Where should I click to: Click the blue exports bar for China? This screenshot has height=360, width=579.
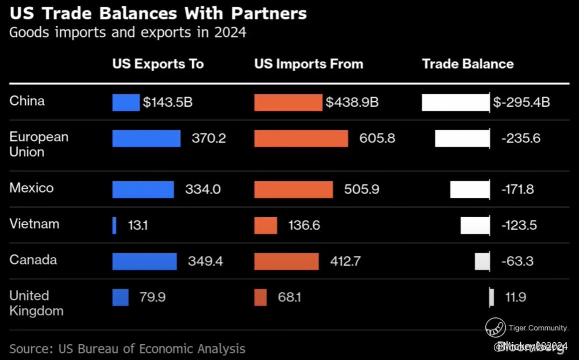pos(126,102)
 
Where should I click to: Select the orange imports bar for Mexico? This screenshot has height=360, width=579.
pos(294,190)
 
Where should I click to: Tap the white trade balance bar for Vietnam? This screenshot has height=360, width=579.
pos(475,225)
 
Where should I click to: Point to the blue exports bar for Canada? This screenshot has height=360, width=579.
pos(144,261)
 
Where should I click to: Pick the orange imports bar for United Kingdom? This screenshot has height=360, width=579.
pos(260,297)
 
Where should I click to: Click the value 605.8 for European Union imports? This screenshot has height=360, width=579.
pos(377,139)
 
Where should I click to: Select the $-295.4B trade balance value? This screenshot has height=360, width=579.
pos(521,102)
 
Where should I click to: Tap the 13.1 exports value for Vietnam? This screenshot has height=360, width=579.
pos(137,225)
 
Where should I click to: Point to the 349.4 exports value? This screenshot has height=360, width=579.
pos(205,261)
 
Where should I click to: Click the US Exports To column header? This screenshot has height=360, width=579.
pos(158,64)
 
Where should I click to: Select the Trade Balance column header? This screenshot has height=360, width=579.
pos(468,64)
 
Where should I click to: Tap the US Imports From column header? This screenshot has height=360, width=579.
pos(309,64)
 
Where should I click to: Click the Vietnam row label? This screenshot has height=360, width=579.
pos(34,224)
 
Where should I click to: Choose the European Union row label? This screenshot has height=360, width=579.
pos(39,144)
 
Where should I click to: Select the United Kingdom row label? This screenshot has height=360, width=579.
pos(36,303)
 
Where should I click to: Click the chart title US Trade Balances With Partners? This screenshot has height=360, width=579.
pos(158,13)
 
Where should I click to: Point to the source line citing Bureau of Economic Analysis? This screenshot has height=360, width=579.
pos(127,349)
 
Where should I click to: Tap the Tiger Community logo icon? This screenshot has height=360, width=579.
pos(495,327)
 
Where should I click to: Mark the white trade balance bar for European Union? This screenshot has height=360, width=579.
pos(462,139)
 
